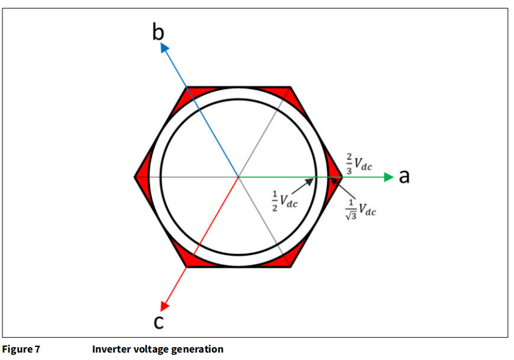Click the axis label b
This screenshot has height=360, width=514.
[158, 32]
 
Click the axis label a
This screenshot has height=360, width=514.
[404, 176]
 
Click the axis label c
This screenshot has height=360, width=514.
[159, 322]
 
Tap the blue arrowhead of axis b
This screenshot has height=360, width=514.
[164, 48]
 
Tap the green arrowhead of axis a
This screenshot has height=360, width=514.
[389, 177]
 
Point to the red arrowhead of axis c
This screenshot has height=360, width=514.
[164, 306]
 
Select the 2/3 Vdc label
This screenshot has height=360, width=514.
[359, 164]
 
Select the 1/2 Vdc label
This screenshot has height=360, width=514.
[285, 201]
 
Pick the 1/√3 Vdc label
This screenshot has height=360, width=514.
[361, 209]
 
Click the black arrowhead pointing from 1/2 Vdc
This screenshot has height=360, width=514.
[310, 182]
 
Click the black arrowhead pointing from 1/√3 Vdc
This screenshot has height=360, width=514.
[334, 180]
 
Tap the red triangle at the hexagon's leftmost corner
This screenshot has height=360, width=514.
[141, 177]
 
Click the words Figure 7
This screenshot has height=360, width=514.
[21, 349]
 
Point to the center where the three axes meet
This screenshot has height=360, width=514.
[238, 177]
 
